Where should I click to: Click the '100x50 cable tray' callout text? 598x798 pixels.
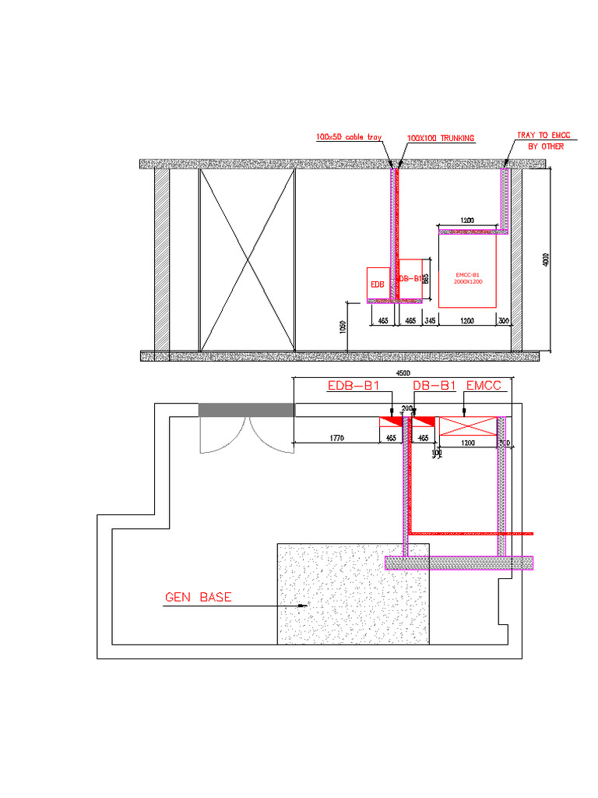[x=348, y=137]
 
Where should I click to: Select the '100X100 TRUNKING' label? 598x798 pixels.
[x=440, y=138]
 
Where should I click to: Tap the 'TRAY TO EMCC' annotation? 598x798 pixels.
[x=543, y=136]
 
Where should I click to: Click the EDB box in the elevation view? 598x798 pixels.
[x=378, y=284]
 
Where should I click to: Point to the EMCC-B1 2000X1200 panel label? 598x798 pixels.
[x=467, y=278]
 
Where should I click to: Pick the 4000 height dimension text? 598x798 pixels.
[x=546, y=260]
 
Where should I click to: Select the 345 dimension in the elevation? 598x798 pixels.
[x=431, y=320]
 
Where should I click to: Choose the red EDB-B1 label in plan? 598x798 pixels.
[x=353, y=386]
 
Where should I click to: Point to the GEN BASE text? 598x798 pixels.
[x=198, y=598]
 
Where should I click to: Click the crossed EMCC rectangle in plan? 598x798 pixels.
[x=468, y=426]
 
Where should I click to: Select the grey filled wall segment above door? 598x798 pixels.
[x=247, y=410]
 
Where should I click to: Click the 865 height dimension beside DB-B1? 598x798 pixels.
[x=426, y=278]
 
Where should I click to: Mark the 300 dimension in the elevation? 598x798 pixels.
[x=504, y=320]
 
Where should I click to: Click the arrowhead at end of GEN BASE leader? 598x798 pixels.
[x=306, y=605]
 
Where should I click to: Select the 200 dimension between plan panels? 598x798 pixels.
[x=406, y=408]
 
